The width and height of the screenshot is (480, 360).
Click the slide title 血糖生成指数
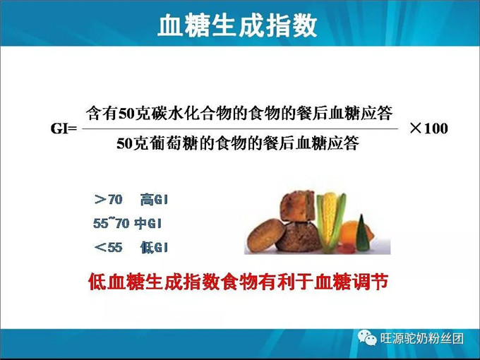coord(238,26)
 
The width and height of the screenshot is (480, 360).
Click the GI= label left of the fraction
coord(64,129)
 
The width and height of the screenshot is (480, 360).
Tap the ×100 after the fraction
coord(428,129)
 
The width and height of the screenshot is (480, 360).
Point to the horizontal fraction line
coord(240,128)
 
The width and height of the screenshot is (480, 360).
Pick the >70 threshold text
coord(108,200)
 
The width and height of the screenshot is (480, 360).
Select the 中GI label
coord(149,223)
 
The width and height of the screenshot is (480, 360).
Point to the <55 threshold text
coord(108,247)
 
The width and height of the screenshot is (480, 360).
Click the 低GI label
coord(153,247)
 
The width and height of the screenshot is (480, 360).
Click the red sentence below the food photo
coord(238,282)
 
